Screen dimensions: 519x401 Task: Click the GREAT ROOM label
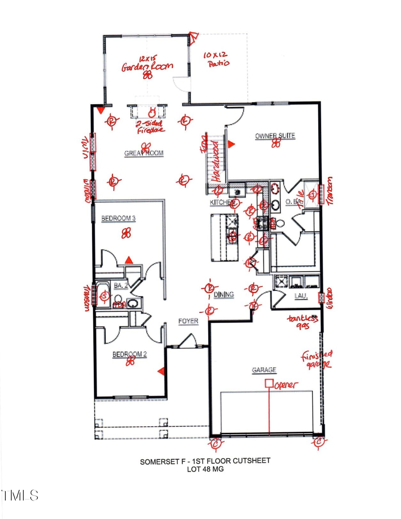coord(143,153)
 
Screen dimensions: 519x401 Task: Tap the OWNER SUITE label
coord(275,135)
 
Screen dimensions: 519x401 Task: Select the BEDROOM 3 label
coord(118,218)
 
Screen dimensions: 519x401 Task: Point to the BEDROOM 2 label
coord(129,355)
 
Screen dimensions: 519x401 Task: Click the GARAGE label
coord(264,370)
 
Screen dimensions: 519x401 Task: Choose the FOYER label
coord(188,321)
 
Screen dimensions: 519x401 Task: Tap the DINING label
coord(224,294)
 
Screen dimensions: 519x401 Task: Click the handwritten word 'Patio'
coord(218,64)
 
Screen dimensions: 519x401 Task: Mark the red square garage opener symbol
coord(269,383)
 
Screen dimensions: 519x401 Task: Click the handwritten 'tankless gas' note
coord(302,323)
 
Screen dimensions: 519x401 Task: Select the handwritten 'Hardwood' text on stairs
coord(217,163)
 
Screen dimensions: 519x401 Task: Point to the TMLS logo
coord(20,495)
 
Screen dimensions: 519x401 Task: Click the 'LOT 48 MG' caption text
coord(205,469)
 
